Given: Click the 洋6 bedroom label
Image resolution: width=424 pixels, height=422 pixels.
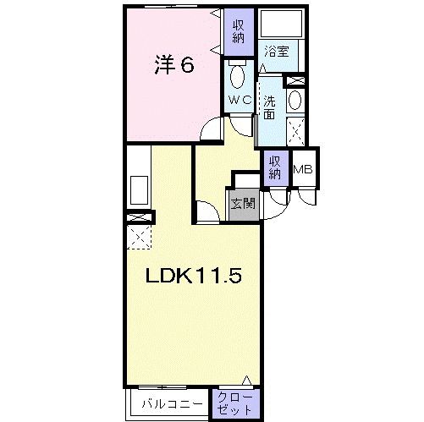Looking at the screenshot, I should pos(175,65).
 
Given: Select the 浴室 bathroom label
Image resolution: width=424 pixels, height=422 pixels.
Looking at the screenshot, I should pos(275,51).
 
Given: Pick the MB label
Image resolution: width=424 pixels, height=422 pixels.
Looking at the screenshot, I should pos(301,169).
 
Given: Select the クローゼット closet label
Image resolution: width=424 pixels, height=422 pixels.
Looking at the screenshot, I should pos(229,401).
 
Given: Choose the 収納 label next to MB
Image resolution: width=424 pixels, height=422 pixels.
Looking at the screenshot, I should pos(275,168).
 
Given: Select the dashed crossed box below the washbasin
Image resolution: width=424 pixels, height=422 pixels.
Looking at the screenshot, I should pos(296,131).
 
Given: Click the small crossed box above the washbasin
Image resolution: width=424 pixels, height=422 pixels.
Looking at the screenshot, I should pos(296,80).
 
